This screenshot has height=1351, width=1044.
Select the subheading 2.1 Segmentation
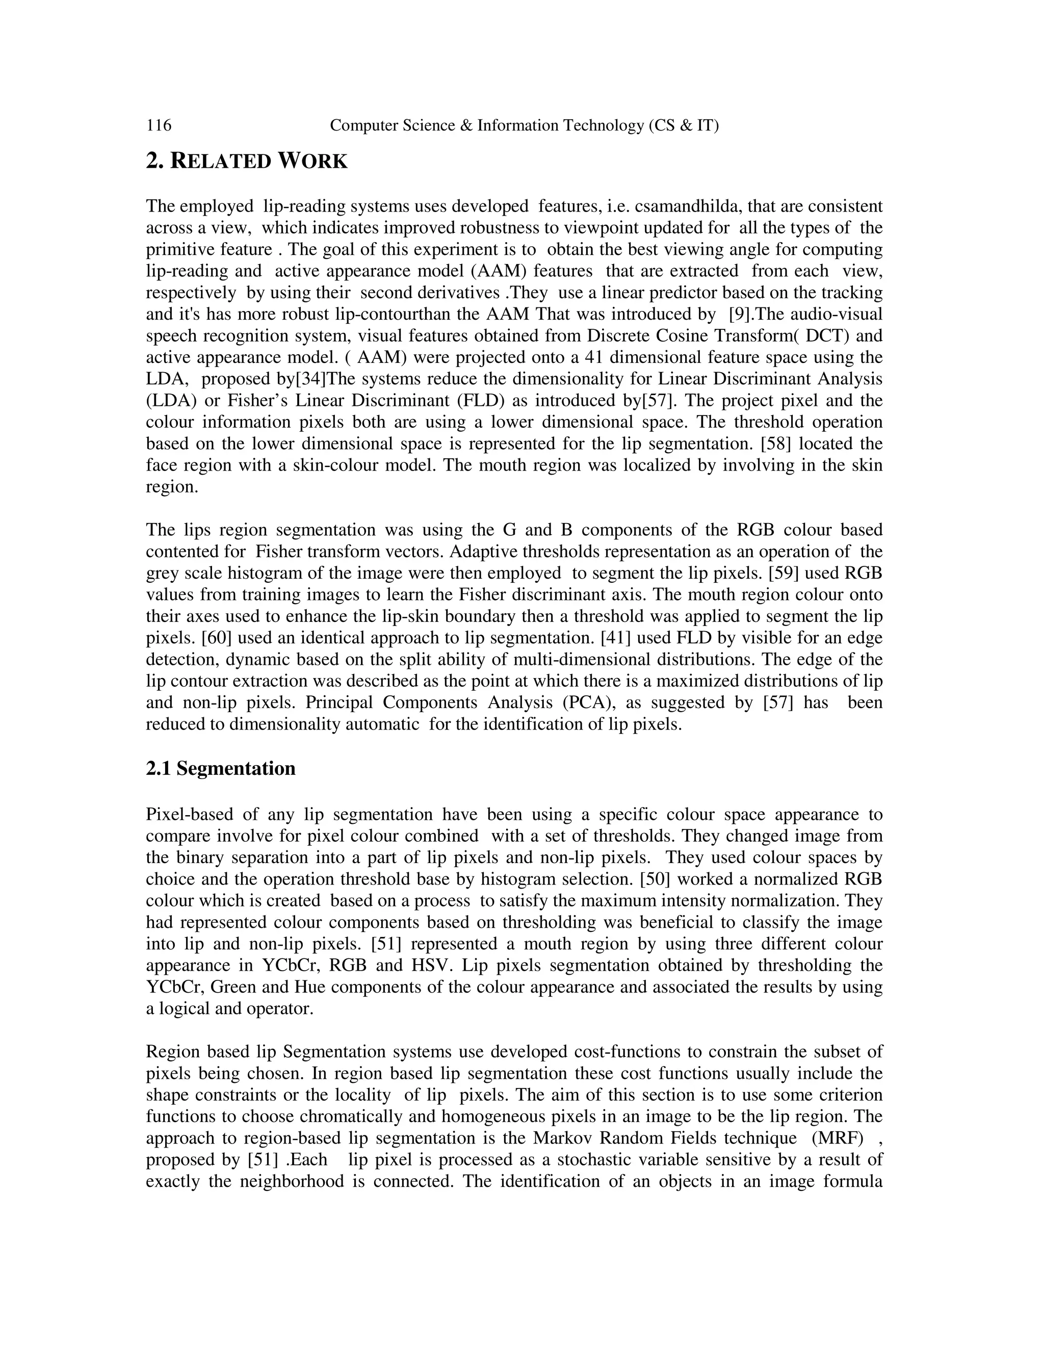click(x=220, y=769)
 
